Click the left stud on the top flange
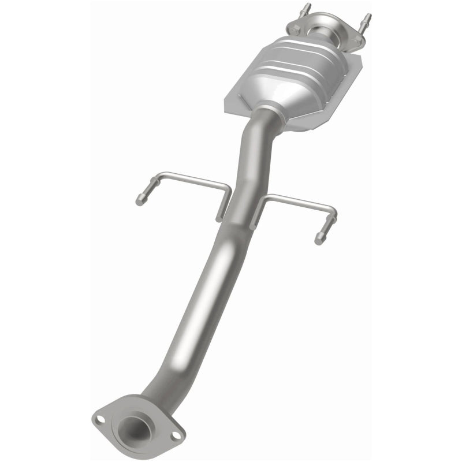point(304,10)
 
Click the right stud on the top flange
point(366,18)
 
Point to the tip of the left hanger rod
point(140,200)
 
